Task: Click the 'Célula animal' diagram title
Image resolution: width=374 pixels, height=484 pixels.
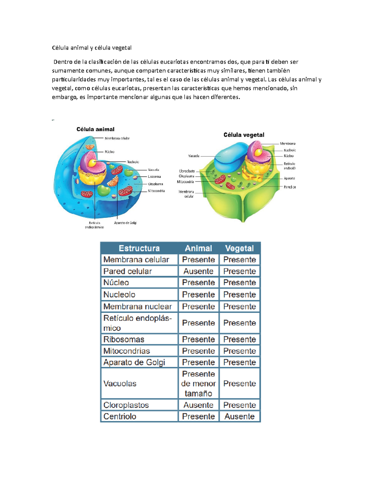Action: [95, 129]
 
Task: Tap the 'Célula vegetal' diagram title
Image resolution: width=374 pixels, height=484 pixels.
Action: [244, 135]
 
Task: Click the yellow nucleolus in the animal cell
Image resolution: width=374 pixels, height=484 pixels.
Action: [93, 163]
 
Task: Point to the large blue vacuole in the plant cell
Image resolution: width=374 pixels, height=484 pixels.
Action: [229, 155]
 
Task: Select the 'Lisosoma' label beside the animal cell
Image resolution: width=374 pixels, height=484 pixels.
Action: [154, 177]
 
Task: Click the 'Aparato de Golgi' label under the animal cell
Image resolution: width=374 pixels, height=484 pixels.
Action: [125, 223]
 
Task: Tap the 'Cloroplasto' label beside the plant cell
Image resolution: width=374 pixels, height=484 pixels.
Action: [187, 171]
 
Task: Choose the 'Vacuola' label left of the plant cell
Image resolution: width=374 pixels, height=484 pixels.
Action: [194, 156]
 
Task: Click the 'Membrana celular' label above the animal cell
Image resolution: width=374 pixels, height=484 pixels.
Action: [117, 138]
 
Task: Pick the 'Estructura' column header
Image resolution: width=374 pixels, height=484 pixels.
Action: [139, 248]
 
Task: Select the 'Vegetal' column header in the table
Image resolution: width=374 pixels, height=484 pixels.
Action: [239, 248]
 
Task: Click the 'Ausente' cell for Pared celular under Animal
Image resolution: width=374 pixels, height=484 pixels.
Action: [198, 271]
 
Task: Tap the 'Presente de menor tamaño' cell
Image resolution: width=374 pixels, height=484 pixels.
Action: [198, 383]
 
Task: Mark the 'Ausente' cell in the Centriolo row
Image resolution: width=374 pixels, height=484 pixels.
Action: [239, 416]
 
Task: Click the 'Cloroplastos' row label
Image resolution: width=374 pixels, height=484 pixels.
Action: [126, 405]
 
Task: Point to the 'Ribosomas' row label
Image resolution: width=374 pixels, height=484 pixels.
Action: [124, 339]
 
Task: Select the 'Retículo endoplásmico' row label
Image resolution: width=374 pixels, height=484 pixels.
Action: [137, 323]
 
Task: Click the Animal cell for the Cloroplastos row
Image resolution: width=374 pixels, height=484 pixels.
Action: [198, 405]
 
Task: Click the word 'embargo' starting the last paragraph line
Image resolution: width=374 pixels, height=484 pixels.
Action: [64, 97]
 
